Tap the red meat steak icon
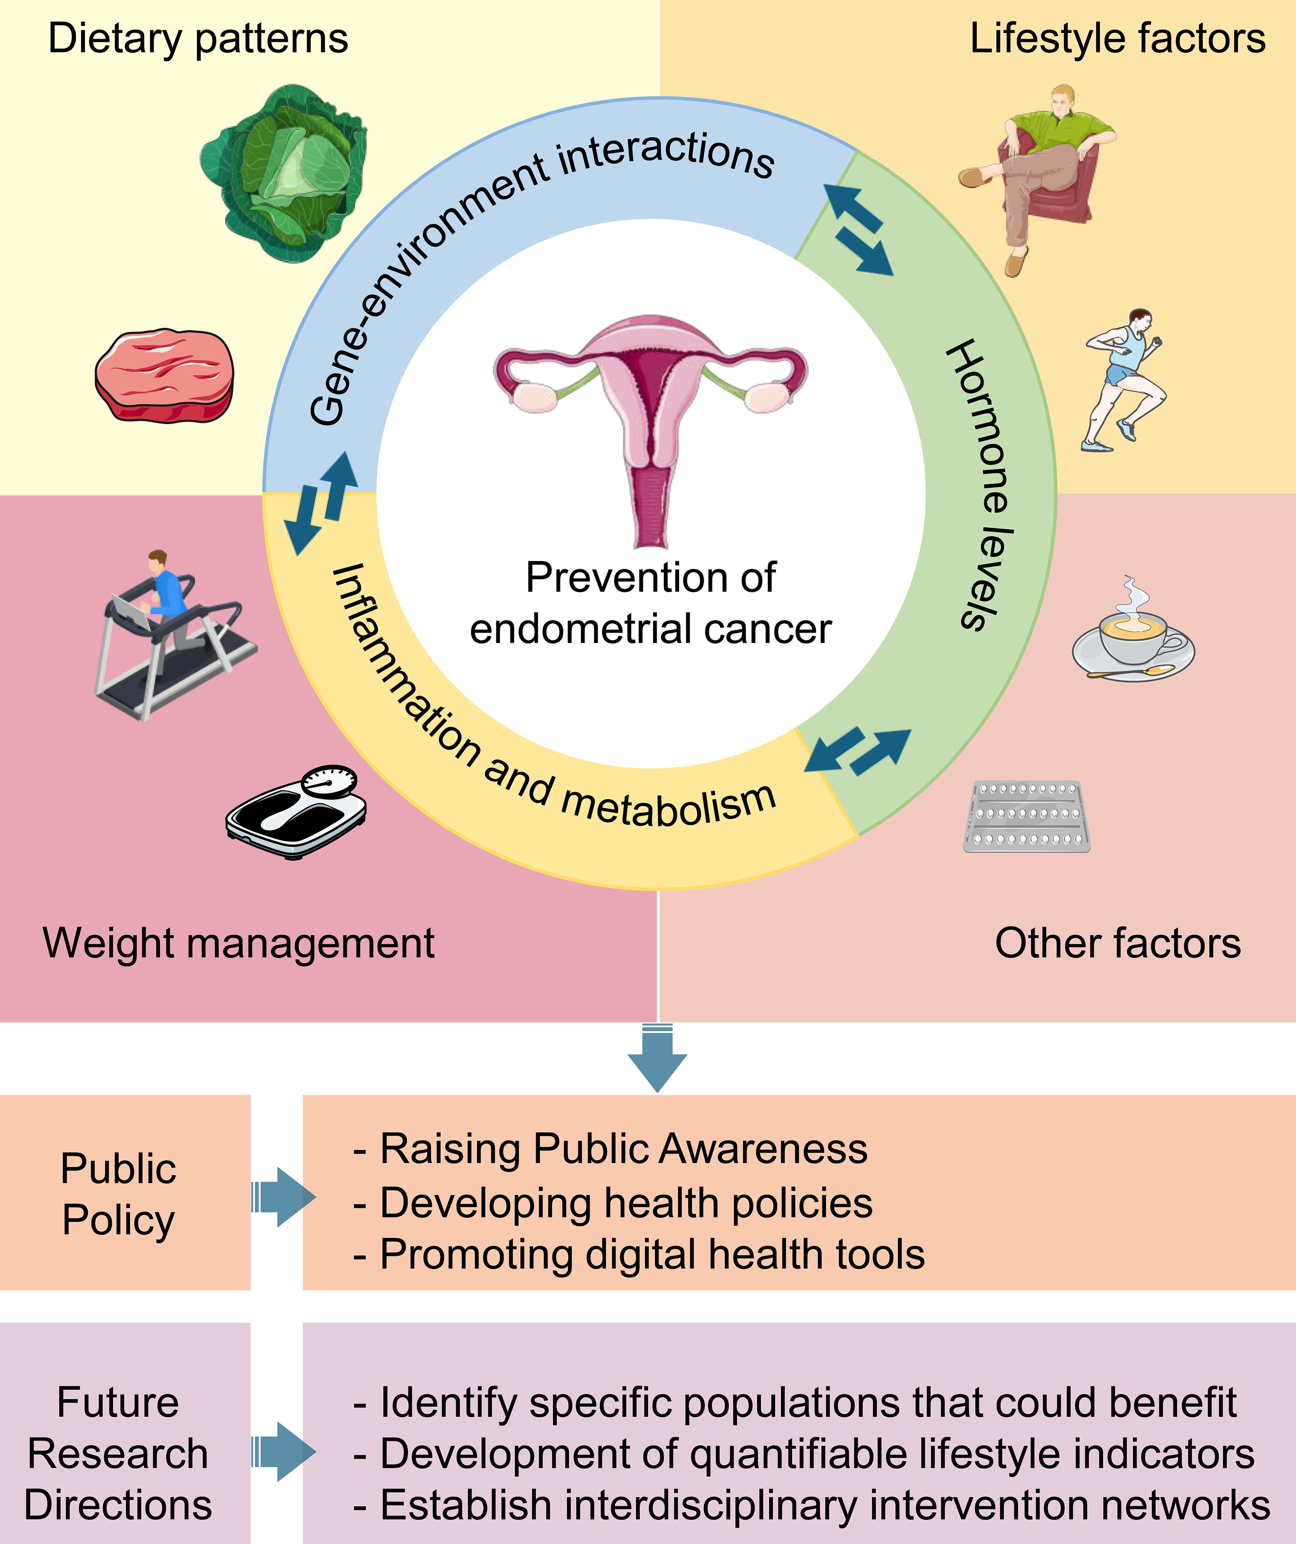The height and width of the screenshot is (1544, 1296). tap(165, 375)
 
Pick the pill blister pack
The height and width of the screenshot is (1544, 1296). tap(1027, 816)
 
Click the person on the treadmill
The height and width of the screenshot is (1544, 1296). tap(173, 632)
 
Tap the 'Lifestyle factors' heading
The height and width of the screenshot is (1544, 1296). tap(1117, 38)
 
